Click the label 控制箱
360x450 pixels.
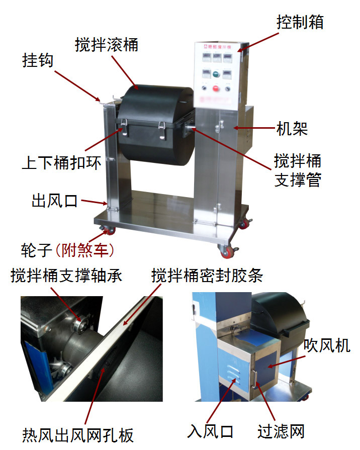[x=300, y=22]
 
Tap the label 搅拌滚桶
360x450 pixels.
[x=107, y=45]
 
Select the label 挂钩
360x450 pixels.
[x=38, y=60]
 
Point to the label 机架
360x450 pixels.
[x=292, y=128]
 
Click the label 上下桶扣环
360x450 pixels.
[x=61, y=163]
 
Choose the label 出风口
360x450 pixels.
[x=54, y=201]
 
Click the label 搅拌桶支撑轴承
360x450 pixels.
[x=66, y=276]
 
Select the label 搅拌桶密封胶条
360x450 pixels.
[x=207, y=276]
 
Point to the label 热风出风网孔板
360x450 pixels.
[x=78, y=435]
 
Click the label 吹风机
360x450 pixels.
[x=327, y=345]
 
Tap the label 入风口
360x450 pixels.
[x=210, y=431]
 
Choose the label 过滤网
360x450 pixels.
[x=281, y=431]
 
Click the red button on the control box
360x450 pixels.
[x=216, y=88]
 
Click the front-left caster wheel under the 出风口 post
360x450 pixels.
[x=109, y=230]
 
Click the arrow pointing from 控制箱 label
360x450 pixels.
[x=258, y=42]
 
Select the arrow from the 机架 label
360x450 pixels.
[x=254, y=128]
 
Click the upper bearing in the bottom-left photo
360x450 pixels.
[x=78, y=325]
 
